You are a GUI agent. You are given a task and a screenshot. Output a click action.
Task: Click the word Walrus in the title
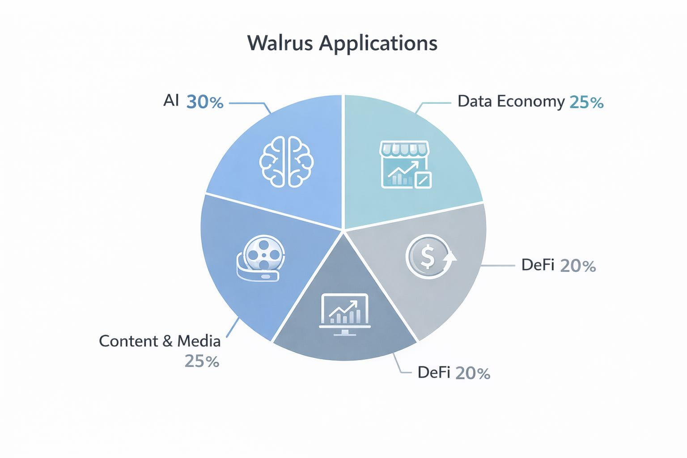point(280,43)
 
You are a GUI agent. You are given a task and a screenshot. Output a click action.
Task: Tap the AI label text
point(171,101)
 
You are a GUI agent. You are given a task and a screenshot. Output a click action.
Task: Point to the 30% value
point(204,102)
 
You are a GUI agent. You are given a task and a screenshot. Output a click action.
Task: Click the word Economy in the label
point(530,102)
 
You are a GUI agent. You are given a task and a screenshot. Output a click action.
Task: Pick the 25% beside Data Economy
point(586,102)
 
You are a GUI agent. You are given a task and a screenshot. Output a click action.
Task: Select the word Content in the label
point(129,341)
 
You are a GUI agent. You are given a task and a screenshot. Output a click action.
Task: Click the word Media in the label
point(199,341)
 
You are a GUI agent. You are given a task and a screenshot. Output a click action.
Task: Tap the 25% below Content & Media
point(202,361)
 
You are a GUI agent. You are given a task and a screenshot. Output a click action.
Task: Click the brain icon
point(287,161)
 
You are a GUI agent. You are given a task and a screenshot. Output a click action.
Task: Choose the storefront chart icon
point(405,165)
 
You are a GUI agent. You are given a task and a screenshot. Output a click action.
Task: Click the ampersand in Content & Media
point(167,342)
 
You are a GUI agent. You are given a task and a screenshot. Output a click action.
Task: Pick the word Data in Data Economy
point(474,101)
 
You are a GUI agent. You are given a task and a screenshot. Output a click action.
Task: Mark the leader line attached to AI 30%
point(249,103)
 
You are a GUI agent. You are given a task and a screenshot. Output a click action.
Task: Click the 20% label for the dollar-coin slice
point(577,266)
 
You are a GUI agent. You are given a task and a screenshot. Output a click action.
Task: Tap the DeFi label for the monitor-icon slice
point(433,373)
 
